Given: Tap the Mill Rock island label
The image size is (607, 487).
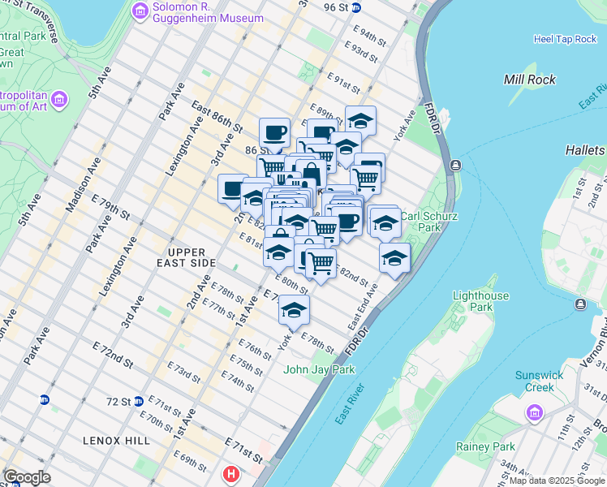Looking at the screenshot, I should click(x=529, y=80).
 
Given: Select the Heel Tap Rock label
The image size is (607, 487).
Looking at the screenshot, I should click(x=565, y=39).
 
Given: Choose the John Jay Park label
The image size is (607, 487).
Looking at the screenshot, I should click(x=319, y=370).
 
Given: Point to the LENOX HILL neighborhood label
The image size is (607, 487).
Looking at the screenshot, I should click(x=117, y=440).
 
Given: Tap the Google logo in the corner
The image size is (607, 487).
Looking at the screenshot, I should click(x=27, y=477).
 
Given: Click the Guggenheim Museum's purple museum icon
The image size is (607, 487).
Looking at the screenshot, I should click(x=138, y=11).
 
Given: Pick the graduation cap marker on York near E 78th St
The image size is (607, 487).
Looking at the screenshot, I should click(x=294, y=308).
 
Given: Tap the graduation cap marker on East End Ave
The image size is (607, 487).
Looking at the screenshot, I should click(x=394, y=258).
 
